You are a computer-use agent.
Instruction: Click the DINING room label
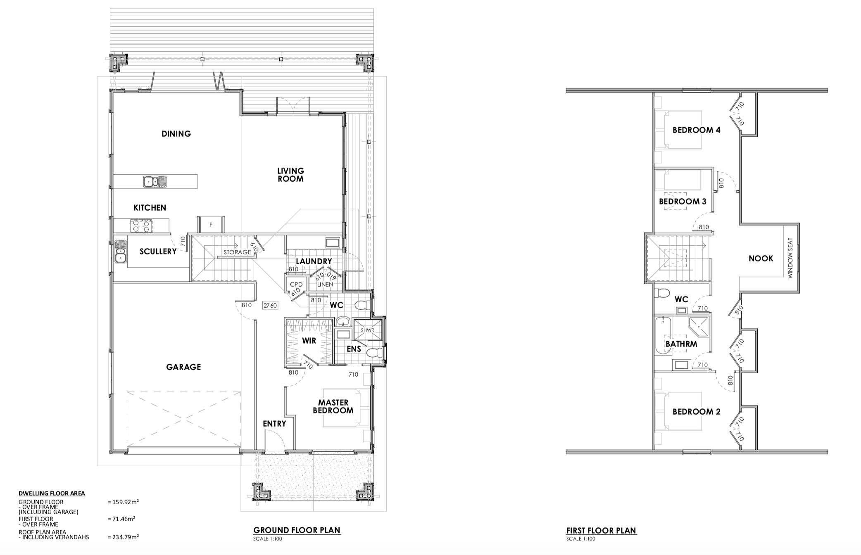tap(176, 133)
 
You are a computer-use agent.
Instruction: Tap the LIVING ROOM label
tap(290, 175)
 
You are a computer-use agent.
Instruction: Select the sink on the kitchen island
tap(155, 181)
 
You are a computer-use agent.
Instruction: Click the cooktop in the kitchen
tap(141, 225)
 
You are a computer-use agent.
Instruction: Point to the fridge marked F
tap(211, 225)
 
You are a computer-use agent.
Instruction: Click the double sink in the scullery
tap(120, 251)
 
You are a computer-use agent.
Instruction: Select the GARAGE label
tap(183, 367)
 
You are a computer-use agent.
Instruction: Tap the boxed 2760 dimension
tap(270, 306)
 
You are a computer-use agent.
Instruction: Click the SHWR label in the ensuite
tap(367, 330)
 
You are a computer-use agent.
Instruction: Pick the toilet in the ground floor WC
tap(362, 306)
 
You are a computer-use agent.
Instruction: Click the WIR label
tap(309, 341)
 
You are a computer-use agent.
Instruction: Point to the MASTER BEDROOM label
tap(333, 406)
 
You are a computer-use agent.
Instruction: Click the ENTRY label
tap(274, 424)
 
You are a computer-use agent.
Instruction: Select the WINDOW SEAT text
tap(790, 258)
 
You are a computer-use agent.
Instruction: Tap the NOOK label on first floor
tap(761, 259)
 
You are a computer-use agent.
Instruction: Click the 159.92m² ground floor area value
tap(123, 502)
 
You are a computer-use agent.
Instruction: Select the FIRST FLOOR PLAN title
tap(601, 531)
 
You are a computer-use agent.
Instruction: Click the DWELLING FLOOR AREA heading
tap(52, 493)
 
